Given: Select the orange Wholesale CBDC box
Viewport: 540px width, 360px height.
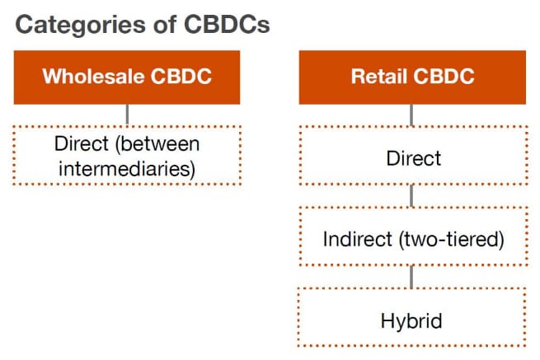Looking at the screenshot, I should click(x=127, y=77).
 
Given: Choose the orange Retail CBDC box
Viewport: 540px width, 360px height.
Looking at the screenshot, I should click(x=412, y=77).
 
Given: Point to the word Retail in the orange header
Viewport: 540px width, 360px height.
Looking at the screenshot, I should click(x=379, y=77).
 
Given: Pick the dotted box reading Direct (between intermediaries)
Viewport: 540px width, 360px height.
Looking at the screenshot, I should click(x=127, y=155).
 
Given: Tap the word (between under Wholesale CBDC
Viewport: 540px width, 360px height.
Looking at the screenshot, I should click(x=157, y=144).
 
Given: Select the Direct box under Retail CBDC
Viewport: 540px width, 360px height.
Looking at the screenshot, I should click(x=412, y=157).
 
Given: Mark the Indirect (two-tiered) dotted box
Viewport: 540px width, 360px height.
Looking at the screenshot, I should click(x=412, y=239).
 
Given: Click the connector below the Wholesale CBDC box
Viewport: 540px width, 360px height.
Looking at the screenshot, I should click(x=127, y=115).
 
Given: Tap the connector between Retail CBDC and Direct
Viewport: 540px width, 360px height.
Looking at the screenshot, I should click(x=412, y=115).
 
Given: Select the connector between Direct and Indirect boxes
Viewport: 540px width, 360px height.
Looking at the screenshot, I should click(x=412, y=196).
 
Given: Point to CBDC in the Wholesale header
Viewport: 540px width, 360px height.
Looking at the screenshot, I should click(x=181, y=77).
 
